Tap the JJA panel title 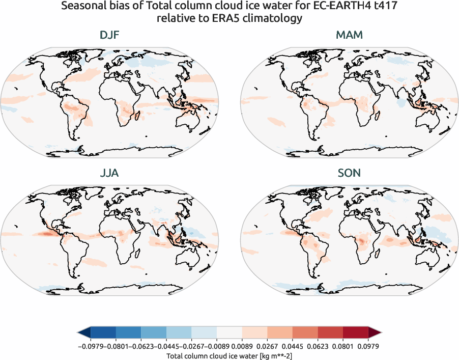(109, 173)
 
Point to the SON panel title (350, 173)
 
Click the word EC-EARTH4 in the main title (318, 7)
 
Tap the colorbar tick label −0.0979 (91, 346)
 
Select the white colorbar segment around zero (230, 334)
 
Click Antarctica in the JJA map (109, 290)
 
